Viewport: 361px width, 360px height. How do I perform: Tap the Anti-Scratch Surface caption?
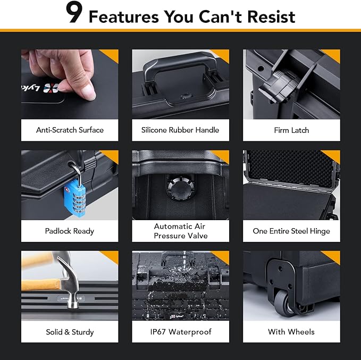(x=70, y=130)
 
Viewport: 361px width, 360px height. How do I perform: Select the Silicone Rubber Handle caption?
(x=180, y=130)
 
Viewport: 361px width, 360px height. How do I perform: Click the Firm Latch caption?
(x=291, y=130)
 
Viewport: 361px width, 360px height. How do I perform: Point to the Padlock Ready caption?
(x=70, y=231)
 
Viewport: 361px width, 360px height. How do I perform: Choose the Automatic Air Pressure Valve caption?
(x=180, y=231)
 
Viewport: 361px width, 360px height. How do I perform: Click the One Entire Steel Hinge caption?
(x=291, y=231)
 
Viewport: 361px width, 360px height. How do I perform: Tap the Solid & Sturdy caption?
(x=70, y=332)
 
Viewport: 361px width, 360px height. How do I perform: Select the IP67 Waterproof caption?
(x=180, y=332)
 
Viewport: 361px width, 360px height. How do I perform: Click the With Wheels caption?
(x=291, y=332)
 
